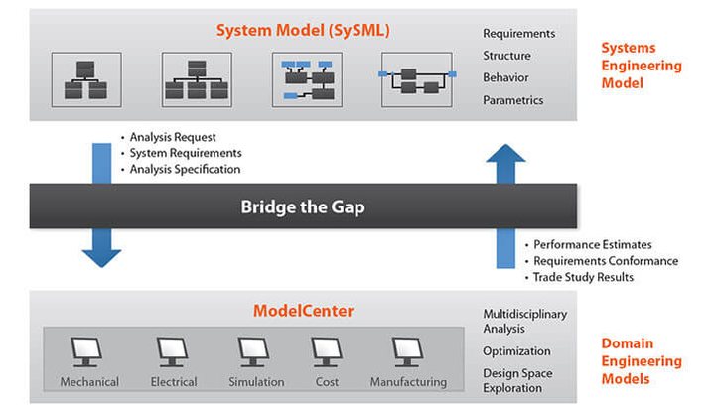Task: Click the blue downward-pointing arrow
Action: pyautogui.click(x=101, y=208)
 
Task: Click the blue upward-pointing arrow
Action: pyautogui.click(x=506, y=204)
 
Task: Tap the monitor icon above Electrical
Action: pyautogui.click(x=171, y=350)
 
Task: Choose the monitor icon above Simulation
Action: pyautogui.click(x=254, y=350)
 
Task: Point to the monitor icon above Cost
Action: pyautogui.click(x=326, y=350)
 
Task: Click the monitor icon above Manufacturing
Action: pyautogui.click(x=407, y=350)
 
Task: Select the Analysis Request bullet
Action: pyautogui.click(x=173, y=137)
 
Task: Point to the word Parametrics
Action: pyautogui.click(x=512, y=100)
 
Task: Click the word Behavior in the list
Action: pyautogui.click(x=505, y=77)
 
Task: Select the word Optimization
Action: pyautogui.click(x=516, y=351)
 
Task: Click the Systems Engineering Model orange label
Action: pyautogui.click(x=642, y=66)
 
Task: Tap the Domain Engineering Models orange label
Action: pyautogui.click(x=641, y=361)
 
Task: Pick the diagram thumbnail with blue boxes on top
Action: pyautogui.click(x=307, y=79)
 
